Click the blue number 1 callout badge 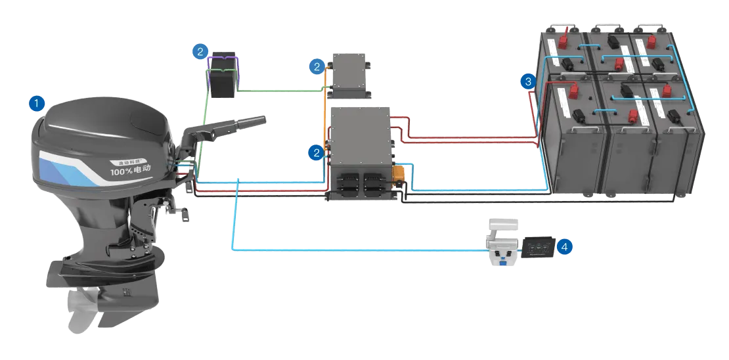[37, 103]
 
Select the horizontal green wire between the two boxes [282, 92]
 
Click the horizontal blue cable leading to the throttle [361, 250]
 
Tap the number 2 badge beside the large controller [317, 153]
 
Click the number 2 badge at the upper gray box [317, 66]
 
